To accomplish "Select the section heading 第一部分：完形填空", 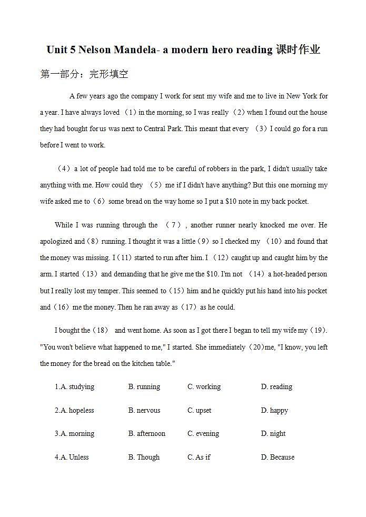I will coord(84,74).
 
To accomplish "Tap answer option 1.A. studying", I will coord(74,386).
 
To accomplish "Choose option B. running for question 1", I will coord(144,386).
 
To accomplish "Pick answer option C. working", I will coord(204,386).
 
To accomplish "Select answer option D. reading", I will coord(276,386).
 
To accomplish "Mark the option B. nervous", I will coord(144,410).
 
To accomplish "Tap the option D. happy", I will coord(274,410).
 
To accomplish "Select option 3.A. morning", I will coord(74,433).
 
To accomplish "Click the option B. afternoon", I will coord(146,433).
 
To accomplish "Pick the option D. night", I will coord(273,433).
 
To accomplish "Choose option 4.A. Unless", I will coord(72,457).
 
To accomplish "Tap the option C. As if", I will coord(199,457).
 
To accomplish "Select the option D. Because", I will coord(278,457).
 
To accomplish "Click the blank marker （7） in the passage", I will coord(173,225).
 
